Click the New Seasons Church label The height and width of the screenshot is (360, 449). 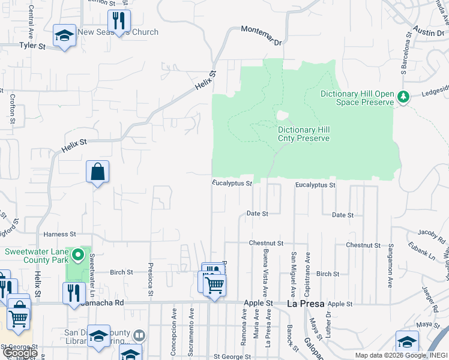pyautogui.click(x=118, y=32)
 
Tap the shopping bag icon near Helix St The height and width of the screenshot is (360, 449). pyautogui.click(x=97, y=173)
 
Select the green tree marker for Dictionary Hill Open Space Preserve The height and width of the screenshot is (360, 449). pyautogui.click(x=404, y=97)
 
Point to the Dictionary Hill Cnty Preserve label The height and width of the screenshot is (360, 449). pyautogui.click(x=304, y=134)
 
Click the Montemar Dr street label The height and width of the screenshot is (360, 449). pyautogui.click(x=261, y=35)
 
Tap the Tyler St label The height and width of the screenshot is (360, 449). pyautogui.click(x=32, y=46)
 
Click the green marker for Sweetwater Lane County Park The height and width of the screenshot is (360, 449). pyautogui.click(x=77, y=256)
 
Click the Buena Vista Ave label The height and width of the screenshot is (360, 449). pyautogui.click(x=265, y=266)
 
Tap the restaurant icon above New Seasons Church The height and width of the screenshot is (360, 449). pyautogui.click(x=119, y=21)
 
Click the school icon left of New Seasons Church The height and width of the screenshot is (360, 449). pyautogui.click(x=64, y=35)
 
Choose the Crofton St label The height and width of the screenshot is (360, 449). pyautogui.click(x=12, y=108)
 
